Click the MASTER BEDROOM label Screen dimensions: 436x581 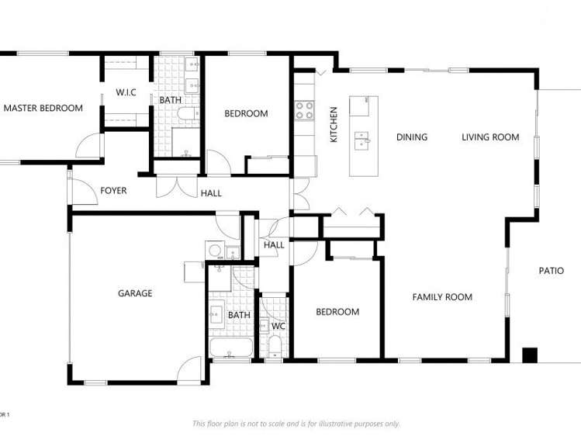coord(43,108)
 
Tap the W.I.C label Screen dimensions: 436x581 coord(126,93)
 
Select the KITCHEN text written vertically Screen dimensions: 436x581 coord(334,124)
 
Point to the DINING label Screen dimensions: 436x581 coord(411,137)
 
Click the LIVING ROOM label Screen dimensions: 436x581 coord(490,137)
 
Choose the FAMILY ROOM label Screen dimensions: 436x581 coord(442,297)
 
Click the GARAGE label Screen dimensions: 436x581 coord(135,293)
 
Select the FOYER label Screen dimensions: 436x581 coord(113,191)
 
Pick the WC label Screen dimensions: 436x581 coord(278,327)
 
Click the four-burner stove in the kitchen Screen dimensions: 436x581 coord(304,110)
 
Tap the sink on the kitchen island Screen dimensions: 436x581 coord(361,140)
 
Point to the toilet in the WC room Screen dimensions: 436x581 coord(275,345)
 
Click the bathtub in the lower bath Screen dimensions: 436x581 coord(230,348)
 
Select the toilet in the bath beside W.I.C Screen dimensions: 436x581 coord(187,116)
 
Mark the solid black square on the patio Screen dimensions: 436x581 coord(529,355)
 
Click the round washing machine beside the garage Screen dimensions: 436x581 coord(214,250)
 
